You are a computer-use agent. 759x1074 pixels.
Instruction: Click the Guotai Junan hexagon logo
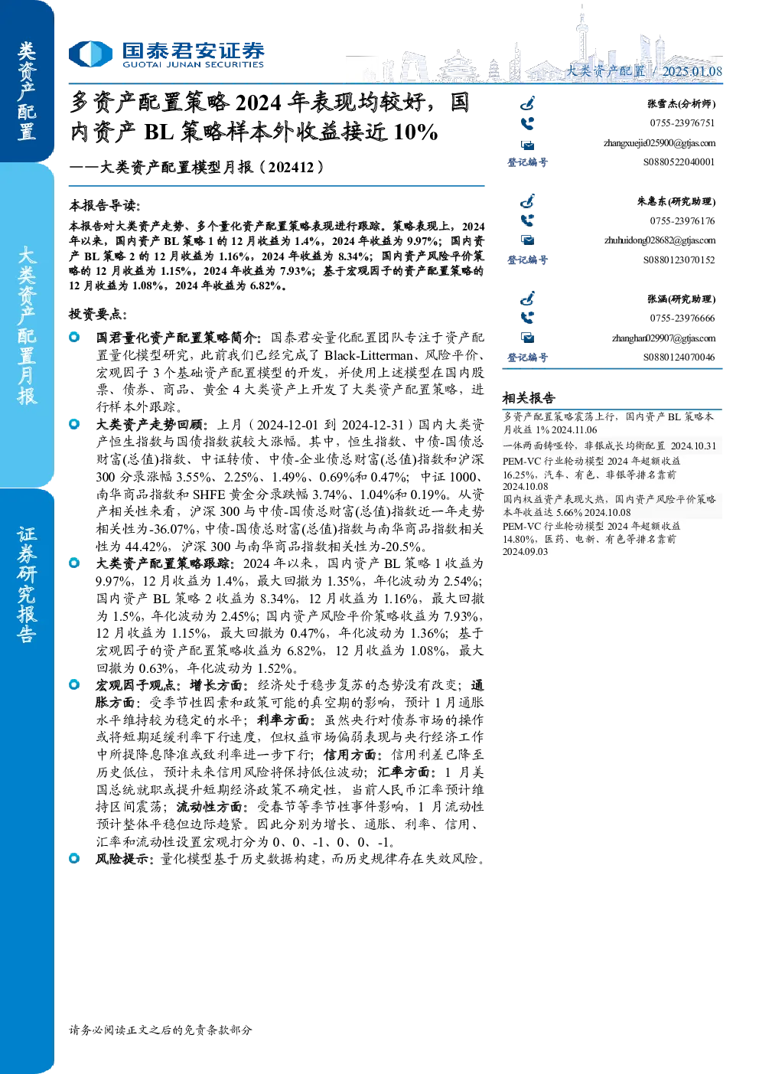(90, 54)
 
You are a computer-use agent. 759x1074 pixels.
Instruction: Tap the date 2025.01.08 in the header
(692, 71)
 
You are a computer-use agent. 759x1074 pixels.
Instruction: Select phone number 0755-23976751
(682, 122)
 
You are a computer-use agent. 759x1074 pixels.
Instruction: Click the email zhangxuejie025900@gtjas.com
(660, 143)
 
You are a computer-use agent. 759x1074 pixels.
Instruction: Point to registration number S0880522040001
(679, 162)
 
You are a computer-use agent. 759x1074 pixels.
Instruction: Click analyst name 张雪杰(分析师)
(682, 103)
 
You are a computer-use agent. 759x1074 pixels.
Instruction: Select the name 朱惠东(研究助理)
(676, 201)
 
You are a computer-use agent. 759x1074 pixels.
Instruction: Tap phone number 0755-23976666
(682, 318)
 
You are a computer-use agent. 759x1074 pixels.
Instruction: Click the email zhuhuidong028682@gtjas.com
(660, 240)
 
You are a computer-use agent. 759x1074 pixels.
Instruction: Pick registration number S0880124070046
(679, 357)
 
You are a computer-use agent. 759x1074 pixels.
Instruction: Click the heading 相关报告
(529, 397)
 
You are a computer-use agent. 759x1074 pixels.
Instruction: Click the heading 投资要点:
(98, 314)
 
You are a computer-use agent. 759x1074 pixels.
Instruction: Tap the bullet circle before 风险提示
(74, 858)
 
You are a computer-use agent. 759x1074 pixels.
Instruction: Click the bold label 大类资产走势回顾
(150, 425)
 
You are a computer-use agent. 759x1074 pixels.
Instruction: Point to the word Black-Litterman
(368, 355)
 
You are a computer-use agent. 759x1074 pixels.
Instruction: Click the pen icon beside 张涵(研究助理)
(527, 299)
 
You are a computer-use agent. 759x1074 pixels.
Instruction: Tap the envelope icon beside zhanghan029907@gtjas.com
(528, 338)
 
